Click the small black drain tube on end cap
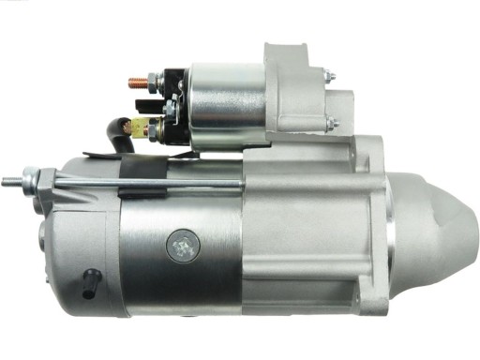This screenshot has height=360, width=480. click(91, 278)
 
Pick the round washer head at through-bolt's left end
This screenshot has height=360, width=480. click(32, 176)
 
